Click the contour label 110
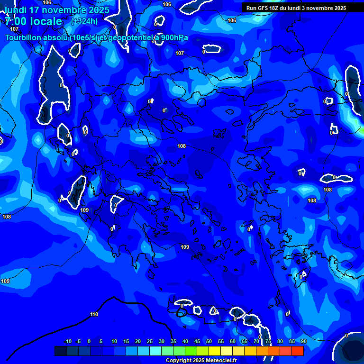tap(94, 314)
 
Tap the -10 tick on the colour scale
tap(67, 341)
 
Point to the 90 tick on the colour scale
tap(303, 341)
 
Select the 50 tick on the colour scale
tap(209, 341)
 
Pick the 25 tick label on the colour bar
tap(150, 341)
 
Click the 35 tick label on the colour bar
tap(173, 341)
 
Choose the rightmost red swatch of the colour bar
tap(298, 351)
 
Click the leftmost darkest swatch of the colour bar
tap(61, 351)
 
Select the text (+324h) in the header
tap(84, 21)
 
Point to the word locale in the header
tap(45, 21)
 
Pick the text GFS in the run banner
tap(262, 8)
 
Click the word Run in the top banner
tap(251, 8)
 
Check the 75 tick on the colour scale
tap(268, 341)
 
